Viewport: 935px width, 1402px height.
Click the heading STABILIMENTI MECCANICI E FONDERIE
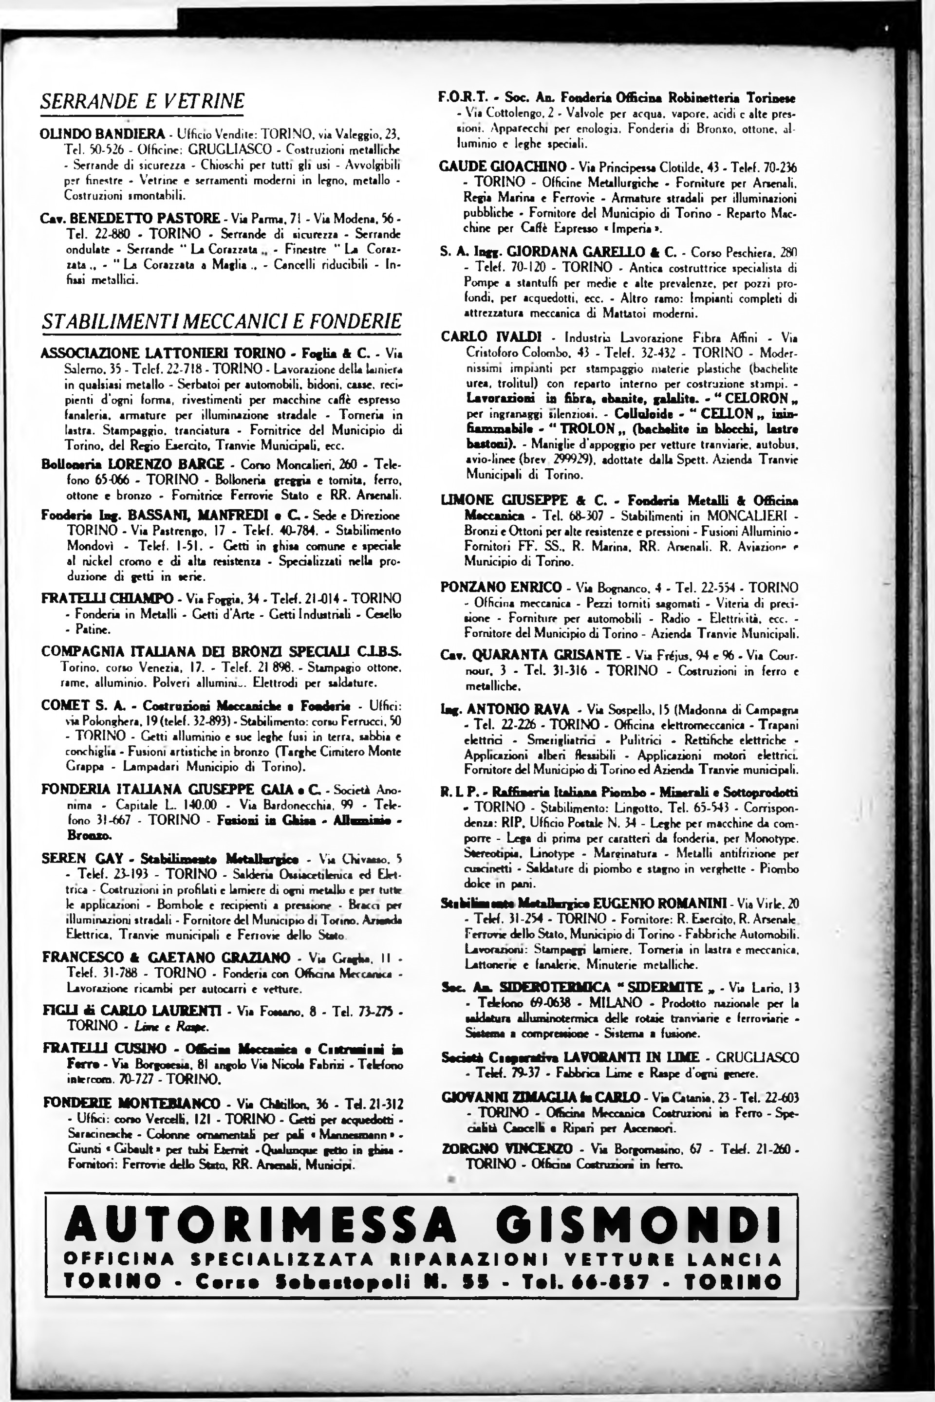tap(221, 322)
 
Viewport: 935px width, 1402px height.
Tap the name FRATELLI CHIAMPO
tap(107, 598)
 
